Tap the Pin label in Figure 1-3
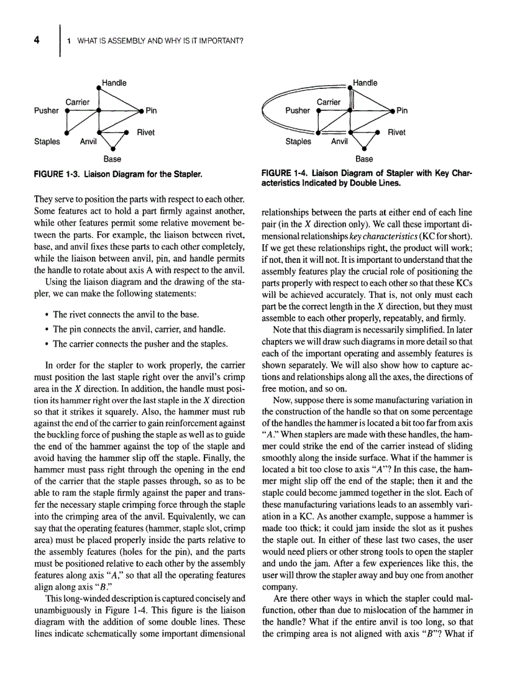(x=151, y=111)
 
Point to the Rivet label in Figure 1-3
(x=145, y=132)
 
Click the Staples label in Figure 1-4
(x=298, y=142)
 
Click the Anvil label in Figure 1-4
(x=339, y=142)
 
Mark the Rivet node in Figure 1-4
(x=378, y=132)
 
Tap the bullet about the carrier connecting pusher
(x=137, y=343)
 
